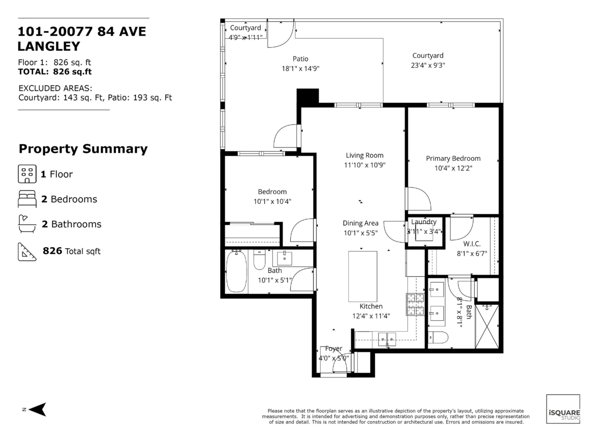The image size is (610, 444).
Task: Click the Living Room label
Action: pyautogui.click(x=364, y=156)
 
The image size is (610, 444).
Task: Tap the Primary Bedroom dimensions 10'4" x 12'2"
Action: pyautogui.click(x=453, y=168)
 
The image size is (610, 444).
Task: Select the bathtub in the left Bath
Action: pyautogui.click(x=236, y=272)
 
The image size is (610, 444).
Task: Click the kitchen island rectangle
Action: pyautogui.click(x=363, y=277)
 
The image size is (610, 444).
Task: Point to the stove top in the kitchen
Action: pyautogui.click(x=415, y=304)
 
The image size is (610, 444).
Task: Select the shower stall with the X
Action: pyautogui.click(x=487, y=327)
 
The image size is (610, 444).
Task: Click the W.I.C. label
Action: pyautogui.click(x=472, y=244)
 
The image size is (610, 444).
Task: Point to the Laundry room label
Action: pyautogui.click(x=424, y=222)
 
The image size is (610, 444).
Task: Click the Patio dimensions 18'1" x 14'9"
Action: pyautogui.click(x=300, y=69)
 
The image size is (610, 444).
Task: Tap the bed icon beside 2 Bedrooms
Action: pyautogui.click(x=27, y=199)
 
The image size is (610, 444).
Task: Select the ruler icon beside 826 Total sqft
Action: pyautogui.click(x=27, y=252)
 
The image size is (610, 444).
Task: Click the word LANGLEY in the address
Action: pyautogui.click(x=49, y=46)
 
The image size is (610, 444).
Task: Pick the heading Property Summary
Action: pyautogui.click(x=83, y=149)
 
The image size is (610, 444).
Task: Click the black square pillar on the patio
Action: pyautogui.click(x=308, y=96)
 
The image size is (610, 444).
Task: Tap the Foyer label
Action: pyautogui.click(x=333, y=348)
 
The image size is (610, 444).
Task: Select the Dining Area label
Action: pyautogui.click(x=360, y=223)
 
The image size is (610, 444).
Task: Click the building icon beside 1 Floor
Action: pyautogui.click(x=27, y=174)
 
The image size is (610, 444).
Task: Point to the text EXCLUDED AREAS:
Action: pyautogui.click(x=55, y=88)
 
